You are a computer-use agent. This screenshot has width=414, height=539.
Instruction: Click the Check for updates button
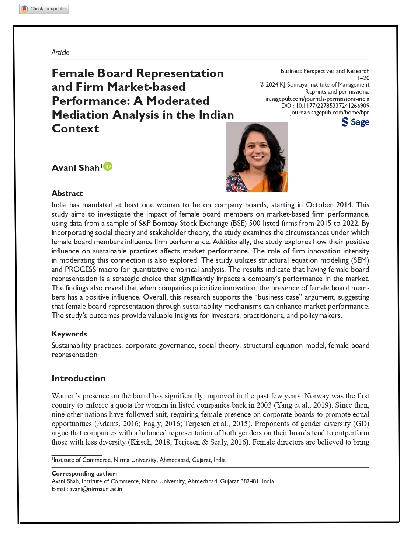tap(44, 9)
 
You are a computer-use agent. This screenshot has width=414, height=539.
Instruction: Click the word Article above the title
tap(60, 52)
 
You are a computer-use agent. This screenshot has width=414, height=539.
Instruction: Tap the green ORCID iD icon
tap(108, 166)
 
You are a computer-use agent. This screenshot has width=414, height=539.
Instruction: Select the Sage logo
tap(355, 122)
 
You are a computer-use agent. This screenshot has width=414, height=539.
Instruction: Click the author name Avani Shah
tap(76, 168)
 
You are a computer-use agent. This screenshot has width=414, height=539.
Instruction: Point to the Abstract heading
tap(67, 193)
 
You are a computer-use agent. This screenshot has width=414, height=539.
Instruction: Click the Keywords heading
tap(69, 334)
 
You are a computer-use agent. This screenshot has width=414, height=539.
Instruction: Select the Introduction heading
tap(79, 379)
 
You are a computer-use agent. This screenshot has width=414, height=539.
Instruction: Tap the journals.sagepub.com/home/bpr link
tap(329, 113)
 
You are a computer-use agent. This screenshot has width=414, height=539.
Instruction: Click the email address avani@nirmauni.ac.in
tap(96, 489)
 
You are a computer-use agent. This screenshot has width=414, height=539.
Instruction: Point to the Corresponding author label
tap(84, 473)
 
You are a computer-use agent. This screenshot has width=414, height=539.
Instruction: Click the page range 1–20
tap(363, 78)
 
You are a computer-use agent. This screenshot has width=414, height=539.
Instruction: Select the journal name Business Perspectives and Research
tap(325, 71)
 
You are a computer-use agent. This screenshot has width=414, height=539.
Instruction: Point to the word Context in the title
tap(76, 129)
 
